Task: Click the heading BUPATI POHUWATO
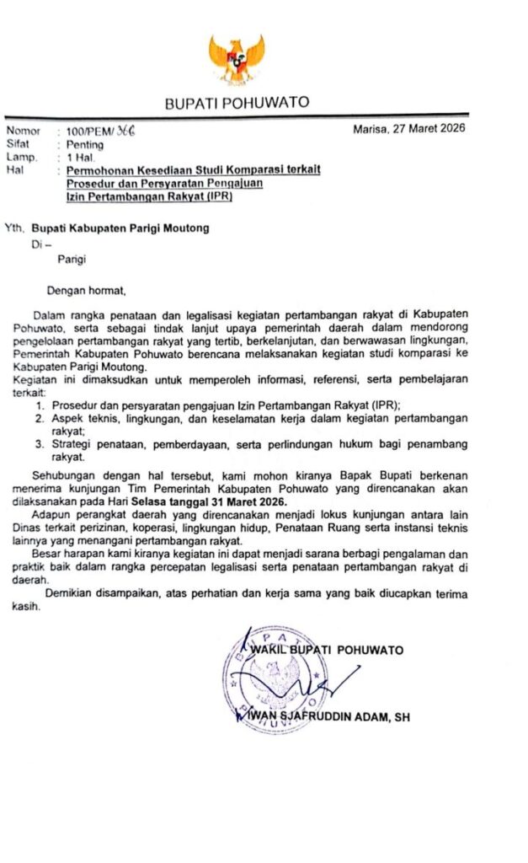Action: pyautogui.click(x=237, y=104)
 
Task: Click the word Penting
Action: pyautogui.click(x=85, y=145)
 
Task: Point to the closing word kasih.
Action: pyautogui.click(x=24, y=605)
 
